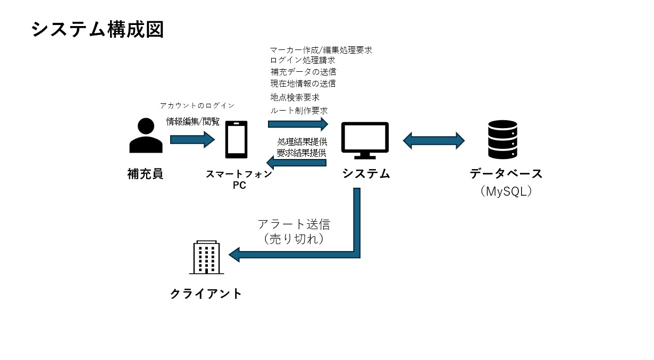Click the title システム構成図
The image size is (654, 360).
coord(97,30)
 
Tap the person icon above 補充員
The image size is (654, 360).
coord(146,136)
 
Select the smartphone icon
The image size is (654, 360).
coord(236,139)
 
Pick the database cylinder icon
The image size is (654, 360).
coord(502,139)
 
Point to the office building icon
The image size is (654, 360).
coord(206,257)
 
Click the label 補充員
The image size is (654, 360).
coord(145,174)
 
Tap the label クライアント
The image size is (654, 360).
coord(206,294)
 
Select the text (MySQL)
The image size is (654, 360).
coord(506,191)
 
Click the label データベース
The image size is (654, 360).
coord(506,174)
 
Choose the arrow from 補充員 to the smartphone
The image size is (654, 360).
coord(192,140)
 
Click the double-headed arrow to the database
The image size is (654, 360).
coord(434,141)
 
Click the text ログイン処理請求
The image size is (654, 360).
coord(303,61)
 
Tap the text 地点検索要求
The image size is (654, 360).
coord(295,97)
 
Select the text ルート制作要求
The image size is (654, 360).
coord(299,111)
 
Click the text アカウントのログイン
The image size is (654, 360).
coord(197,106)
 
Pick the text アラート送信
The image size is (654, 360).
coord(294,224)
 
